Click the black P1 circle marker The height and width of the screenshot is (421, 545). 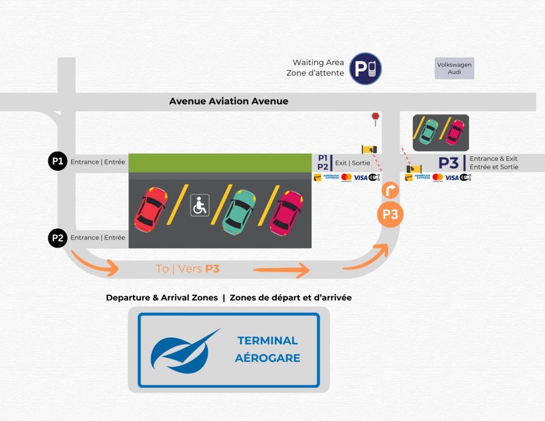tap(57, 161)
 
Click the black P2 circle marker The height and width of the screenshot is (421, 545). tap(57, 238)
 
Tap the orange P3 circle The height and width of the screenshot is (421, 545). tap(390, 214)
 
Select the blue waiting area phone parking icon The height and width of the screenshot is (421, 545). tap(365, 69)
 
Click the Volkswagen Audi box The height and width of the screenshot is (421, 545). tap(454, 68)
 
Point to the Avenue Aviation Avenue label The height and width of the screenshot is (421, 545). tap(228, 101)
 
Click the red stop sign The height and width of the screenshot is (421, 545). tap(375, 116)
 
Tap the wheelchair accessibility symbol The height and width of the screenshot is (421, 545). tap(200, 205)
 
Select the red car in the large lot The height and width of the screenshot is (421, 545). tap(151, 209)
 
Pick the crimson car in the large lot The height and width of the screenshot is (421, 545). tap(287, 212)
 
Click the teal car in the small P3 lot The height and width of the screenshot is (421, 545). tap(428, 131)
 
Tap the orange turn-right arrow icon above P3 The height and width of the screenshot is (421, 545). tap(390, 189)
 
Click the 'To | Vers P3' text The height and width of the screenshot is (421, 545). tap(187, 269)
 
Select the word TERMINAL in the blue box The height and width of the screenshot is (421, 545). tap(267, 341)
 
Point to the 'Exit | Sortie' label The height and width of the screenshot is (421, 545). tap(352, 162)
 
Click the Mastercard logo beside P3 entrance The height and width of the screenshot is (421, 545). tap(437, 177)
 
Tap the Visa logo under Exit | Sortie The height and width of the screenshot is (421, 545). tap(360, 177)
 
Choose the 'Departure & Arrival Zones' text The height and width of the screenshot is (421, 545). tap(162, 298)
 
